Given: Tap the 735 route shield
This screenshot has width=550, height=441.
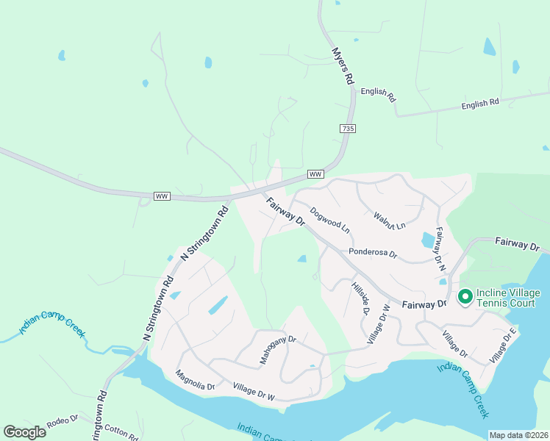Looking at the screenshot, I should tap(349, 129).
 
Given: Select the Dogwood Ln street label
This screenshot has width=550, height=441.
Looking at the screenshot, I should tap(329, 219).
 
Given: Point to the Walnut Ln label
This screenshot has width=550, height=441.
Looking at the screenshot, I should tap(390, 220).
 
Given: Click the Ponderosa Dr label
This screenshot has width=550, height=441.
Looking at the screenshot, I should tap(373, 254).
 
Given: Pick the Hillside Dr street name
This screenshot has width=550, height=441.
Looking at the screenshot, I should tap(360, 298).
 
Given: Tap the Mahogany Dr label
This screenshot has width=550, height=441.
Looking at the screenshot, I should tap(277, 350).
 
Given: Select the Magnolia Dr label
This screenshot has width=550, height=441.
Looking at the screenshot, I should tap(195, 380).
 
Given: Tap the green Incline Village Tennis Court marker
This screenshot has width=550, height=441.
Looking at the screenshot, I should tap(465, 296).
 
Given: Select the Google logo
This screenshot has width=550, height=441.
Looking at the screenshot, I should tap(24, 432).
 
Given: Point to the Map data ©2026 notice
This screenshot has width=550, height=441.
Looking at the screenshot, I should tap(518, 435).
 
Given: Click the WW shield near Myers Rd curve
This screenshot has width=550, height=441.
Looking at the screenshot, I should tap(315, 174).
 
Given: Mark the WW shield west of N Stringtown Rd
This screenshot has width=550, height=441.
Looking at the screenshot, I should tap(162, 196).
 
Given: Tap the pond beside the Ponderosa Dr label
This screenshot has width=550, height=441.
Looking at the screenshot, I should tap(428, 240).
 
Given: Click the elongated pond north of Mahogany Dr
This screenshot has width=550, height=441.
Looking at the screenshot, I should tap(218, 305).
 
